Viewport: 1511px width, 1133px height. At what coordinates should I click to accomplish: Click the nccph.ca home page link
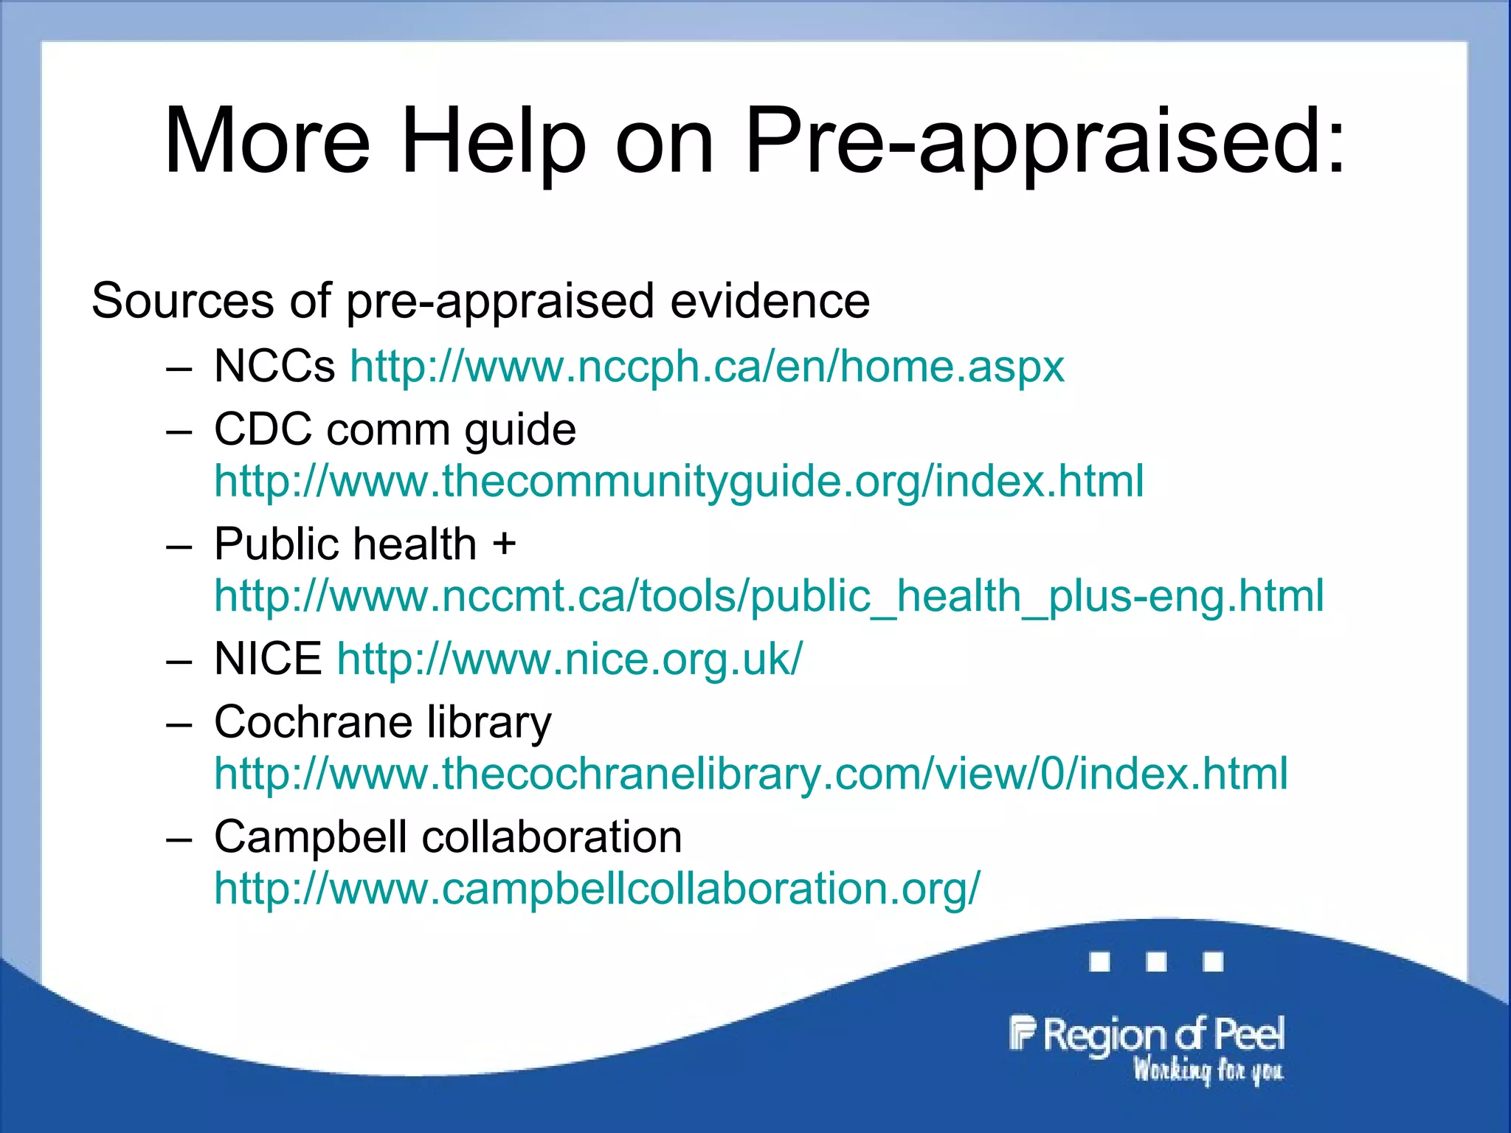[x=707, y=366]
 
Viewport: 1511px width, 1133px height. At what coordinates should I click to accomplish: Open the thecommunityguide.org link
[x=679, y=481]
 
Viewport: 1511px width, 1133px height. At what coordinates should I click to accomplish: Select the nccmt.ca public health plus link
[x=769, y=596]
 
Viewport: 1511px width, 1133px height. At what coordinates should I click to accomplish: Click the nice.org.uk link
[x=570, y=658]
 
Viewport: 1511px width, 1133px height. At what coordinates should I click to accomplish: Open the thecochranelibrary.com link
[x=751, y=774]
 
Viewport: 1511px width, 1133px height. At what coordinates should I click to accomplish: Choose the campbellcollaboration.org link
[x=598, y=888]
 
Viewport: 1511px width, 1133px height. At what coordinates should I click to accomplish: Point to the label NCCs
[x=274, y=366]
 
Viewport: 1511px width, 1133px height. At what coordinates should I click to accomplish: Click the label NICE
[x=268, y=658]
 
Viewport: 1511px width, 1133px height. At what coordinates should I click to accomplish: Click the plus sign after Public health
[x=505, y=544]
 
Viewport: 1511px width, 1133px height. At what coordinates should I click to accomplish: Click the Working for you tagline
[x=1209, y=1070]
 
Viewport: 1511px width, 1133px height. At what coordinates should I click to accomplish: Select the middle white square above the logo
[x=1156, y=962]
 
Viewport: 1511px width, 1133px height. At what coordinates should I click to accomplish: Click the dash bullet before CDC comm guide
[x=179, y=431]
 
